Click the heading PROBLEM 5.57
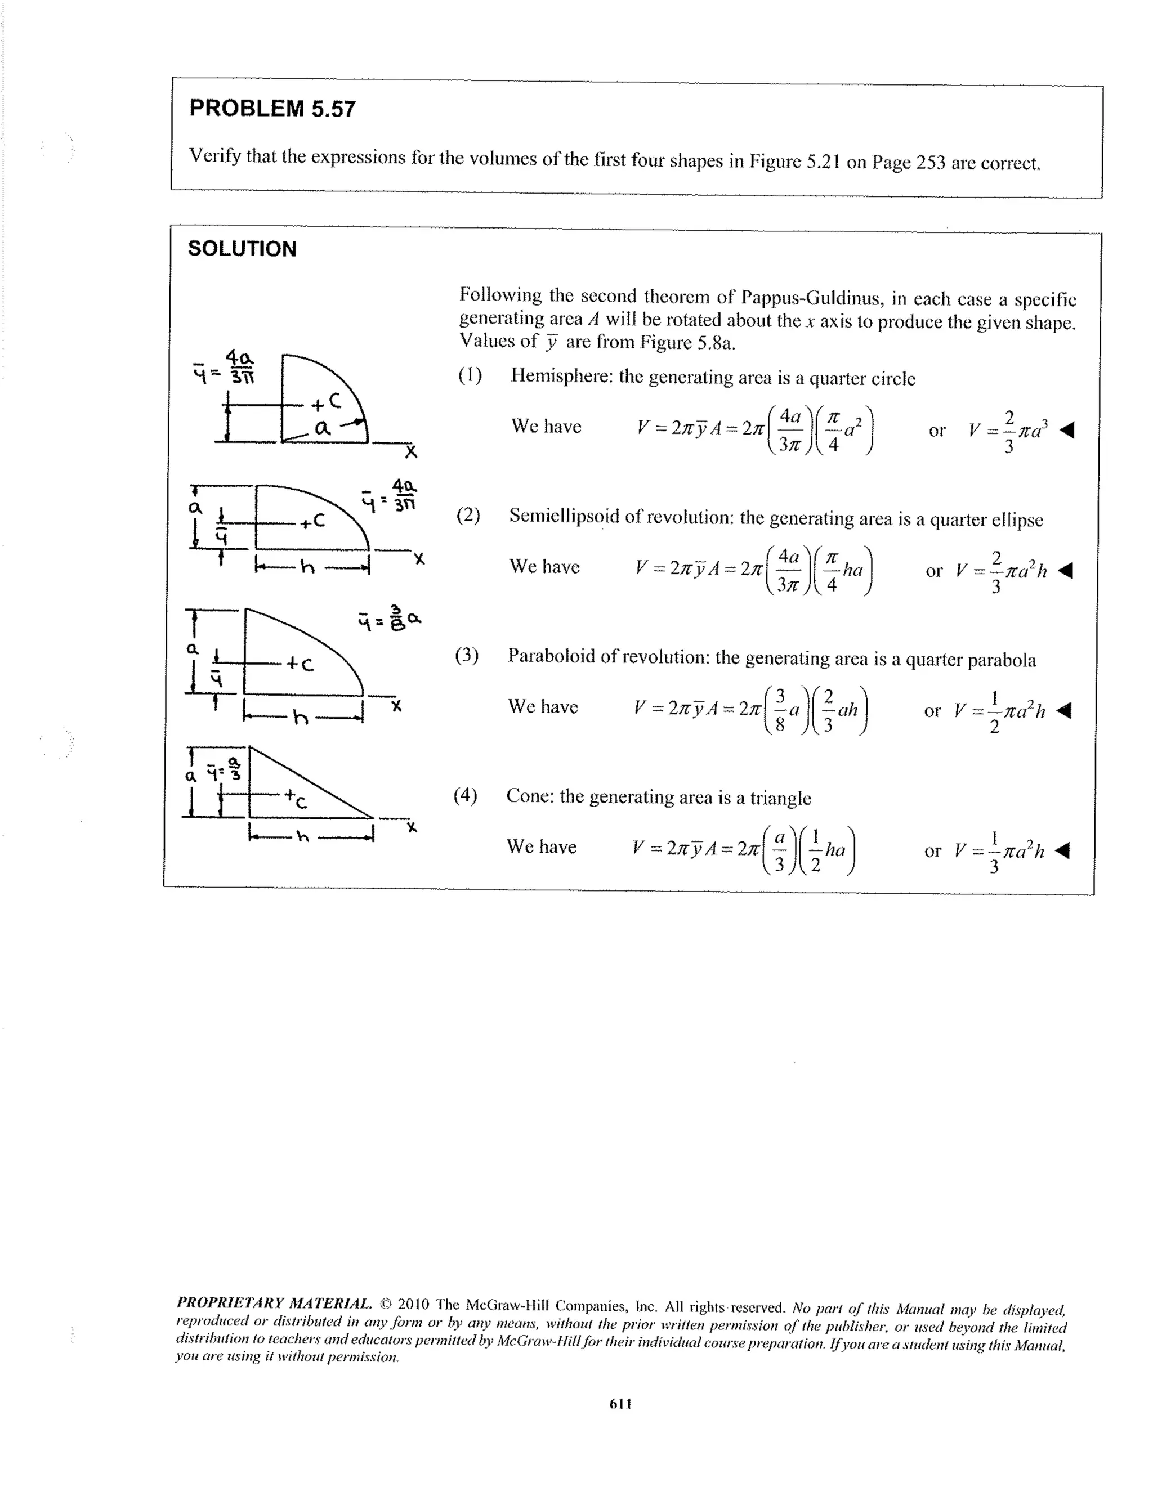[272, 109]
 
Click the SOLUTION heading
[242, 249]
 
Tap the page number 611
[620, 1404]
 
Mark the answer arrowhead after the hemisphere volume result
[1067, 430]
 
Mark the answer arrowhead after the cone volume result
[1062, 851]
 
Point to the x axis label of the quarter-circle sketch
[410, 452]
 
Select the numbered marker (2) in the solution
[468, 515]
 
